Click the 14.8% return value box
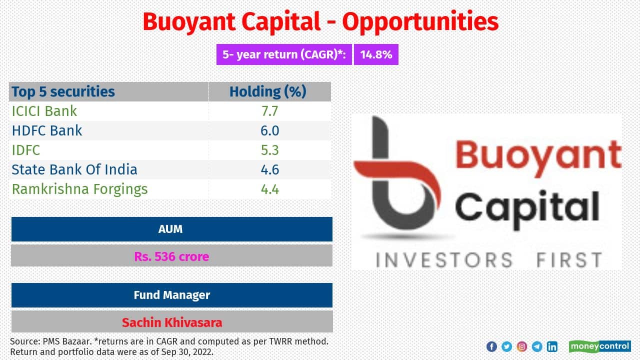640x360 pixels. [x=376, y=54]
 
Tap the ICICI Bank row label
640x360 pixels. [x=44, y=110]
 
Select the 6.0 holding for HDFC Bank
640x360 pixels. [x=269, y=130]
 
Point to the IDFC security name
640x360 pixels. [x=26, y=150]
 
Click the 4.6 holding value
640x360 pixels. [x=269, y=169]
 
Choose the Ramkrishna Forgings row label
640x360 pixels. [x=79, y=189]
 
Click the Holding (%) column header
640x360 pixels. [x=268, y=91]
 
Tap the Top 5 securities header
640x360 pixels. [x=63, y=91]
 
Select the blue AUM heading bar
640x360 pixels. [x=171, y=229]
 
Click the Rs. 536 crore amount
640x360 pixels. [x=171, y=256]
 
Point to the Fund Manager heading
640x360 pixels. [x=171, y=295]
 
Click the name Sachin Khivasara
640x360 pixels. [x=171, y=322]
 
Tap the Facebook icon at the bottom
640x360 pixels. [x=491, y=346]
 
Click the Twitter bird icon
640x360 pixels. [x=506, y=346]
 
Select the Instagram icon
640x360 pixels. [x=521, y=346]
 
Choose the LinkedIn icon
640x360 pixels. [x=552, y=346]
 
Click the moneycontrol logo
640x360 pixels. [x=599, y=346]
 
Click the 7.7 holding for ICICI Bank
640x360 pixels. [x=269, y=110]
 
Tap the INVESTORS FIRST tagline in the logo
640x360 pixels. [x=488, y=260]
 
